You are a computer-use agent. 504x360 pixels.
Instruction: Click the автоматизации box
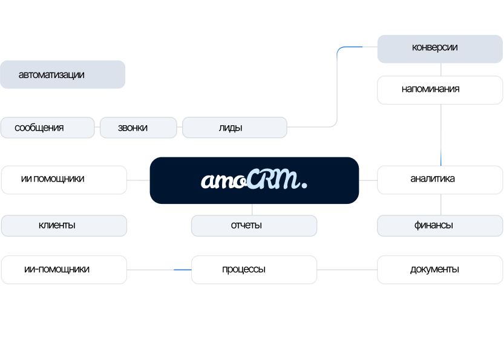(x=63, y=75)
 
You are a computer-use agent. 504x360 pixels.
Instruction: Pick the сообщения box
(x=47, y=128)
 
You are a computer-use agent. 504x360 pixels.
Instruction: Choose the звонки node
(x=138, y=128)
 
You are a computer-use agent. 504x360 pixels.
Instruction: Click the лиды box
(x=235, y=128)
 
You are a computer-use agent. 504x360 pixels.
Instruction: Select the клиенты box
(x=64, y=226)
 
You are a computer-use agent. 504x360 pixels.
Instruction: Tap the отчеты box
(x=254, y=226)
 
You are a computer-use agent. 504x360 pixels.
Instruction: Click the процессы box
(x=254, y=270)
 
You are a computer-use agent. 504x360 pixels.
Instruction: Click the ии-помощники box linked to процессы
(x=64, y=270)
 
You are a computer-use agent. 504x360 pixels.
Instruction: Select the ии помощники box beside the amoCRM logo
(x=64, y=180)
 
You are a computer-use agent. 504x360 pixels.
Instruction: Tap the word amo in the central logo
(x=224, y=181)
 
